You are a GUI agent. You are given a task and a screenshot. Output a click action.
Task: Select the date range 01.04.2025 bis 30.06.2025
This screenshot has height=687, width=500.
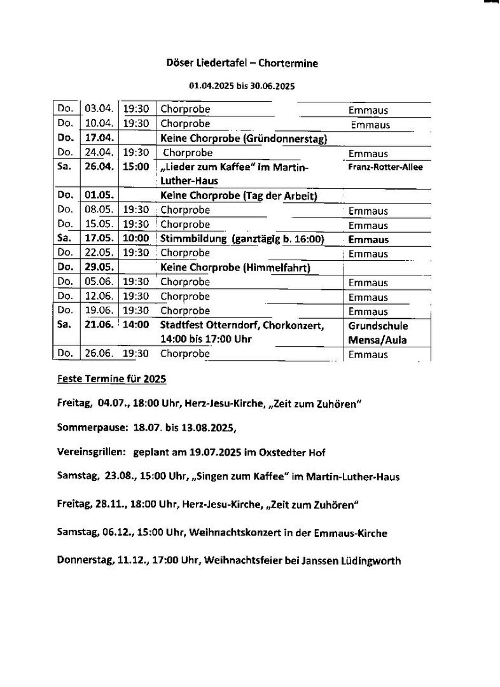[242, 85]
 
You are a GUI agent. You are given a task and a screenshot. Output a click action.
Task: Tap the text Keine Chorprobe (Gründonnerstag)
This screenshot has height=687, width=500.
[244, 139]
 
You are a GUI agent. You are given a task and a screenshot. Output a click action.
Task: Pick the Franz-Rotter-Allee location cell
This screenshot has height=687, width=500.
[385, 167]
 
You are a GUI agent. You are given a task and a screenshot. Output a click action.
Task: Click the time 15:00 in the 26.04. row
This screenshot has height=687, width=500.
[136, 167]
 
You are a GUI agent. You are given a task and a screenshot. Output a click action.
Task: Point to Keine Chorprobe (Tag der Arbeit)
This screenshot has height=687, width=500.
[239, 196]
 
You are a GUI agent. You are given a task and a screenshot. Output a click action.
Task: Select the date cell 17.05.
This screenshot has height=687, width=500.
[99, 239]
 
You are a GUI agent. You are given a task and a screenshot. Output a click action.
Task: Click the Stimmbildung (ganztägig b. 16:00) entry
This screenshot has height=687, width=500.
[242, 239]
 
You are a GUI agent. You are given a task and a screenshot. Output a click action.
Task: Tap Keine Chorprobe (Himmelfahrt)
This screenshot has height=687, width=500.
[235, 268]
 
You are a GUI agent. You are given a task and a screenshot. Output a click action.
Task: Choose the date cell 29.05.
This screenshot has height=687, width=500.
[99, 268]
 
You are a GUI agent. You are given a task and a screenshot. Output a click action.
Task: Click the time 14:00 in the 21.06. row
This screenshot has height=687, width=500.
[136, 325]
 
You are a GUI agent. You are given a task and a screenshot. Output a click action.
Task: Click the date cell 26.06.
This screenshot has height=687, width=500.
[99, 354]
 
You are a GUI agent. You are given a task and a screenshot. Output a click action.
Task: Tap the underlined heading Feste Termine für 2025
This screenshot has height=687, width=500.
[111, 379]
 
